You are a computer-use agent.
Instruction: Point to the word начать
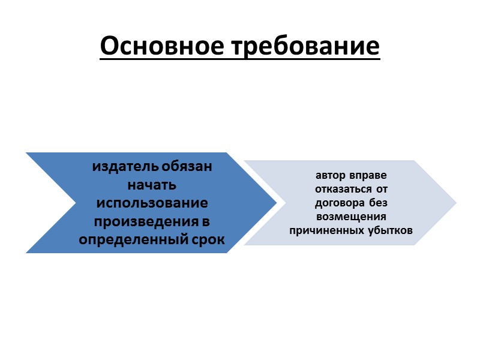coord(152,184)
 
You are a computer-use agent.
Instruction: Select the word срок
coord(206,239)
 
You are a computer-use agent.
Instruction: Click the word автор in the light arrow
coord(329,176)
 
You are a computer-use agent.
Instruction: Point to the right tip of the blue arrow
coord(275,203)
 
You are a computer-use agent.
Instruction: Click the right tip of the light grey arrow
coord(455,203)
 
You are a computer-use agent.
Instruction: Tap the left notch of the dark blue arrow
coord(76,203)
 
